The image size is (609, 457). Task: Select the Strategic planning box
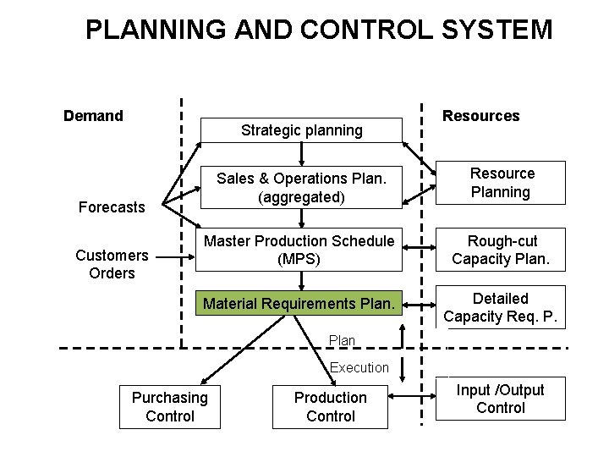(x=302, y=130)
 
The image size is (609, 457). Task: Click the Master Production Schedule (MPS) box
(x=299, y=249)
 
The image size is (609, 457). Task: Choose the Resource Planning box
(x=502, y=183)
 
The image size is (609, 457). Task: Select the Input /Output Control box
(x=501, y=399)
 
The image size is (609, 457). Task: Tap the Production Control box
(x=330, y=407)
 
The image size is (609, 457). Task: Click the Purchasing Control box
(x=169, y=407)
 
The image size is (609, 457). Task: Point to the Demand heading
(x=93, y=115)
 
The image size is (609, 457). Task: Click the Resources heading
(x=481, y=116)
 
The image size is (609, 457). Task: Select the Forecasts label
(x=111, y=206)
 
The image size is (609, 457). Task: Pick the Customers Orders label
(x=111, y=263)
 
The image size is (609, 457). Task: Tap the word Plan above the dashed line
(x=342, y=340)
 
